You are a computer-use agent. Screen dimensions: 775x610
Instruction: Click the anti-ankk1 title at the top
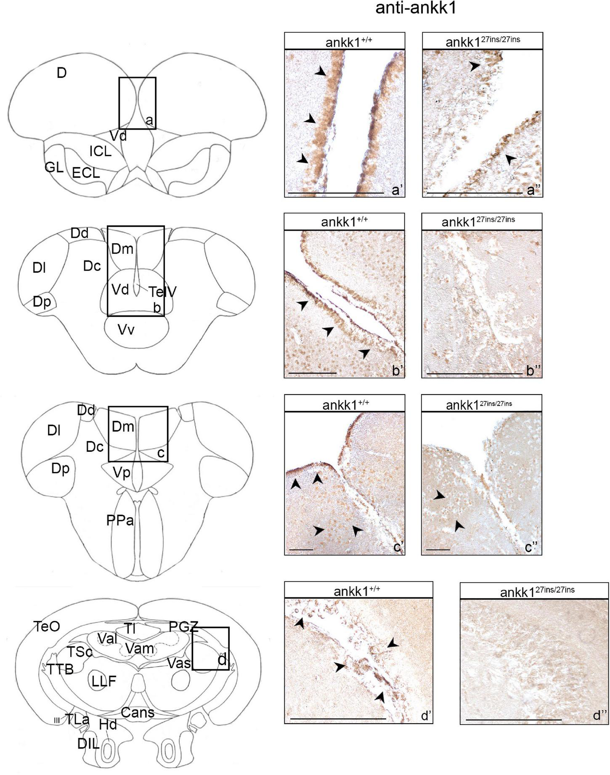416,8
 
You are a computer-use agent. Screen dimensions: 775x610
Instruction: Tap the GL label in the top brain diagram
54,167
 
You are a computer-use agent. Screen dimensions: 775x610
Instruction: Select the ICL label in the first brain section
100,151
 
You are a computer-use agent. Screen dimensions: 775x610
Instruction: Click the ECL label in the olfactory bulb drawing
86,173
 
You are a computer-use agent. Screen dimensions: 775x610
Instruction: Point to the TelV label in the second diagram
162,292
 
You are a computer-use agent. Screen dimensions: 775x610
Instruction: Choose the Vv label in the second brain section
126,329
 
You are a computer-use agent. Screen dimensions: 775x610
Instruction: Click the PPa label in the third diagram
120,520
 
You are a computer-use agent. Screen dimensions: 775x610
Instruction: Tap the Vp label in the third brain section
122,473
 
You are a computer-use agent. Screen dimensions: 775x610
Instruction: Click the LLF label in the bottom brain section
103,681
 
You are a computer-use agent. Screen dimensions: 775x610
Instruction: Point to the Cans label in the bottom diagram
138,712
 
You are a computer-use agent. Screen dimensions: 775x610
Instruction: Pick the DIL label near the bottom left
88,743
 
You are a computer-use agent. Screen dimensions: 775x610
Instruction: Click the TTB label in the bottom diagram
60,669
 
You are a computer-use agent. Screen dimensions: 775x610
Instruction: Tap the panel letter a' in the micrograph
397,191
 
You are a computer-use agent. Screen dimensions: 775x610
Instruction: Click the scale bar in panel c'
301,549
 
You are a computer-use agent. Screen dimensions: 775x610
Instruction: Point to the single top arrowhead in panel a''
475,66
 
